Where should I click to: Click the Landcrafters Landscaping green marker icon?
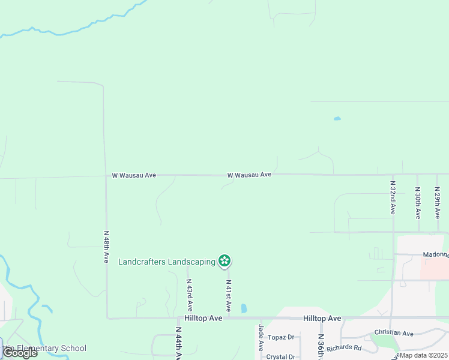(224, 260)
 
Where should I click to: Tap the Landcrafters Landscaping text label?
(167, 262)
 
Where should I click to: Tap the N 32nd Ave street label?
(393, 198)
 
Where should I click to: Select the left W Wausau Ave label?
(134, 175)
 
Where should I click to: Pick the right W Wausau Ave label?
(249, 175)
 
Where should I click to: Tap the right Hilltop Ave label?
(322, 318)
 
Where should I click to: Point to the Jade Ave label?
(261, 338)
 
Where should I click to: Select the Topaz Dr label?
(281, 337)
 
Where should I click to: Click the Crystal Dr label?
(280, 356)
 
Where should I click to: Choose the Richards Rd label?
(344, 347)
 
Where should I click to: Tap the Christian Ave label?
(394, 333)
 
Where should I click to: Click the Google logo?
(20, 353)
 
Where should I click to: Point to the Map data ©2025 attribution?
(423, 355)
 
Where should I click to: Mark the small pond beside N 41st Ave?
(244, 308)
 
